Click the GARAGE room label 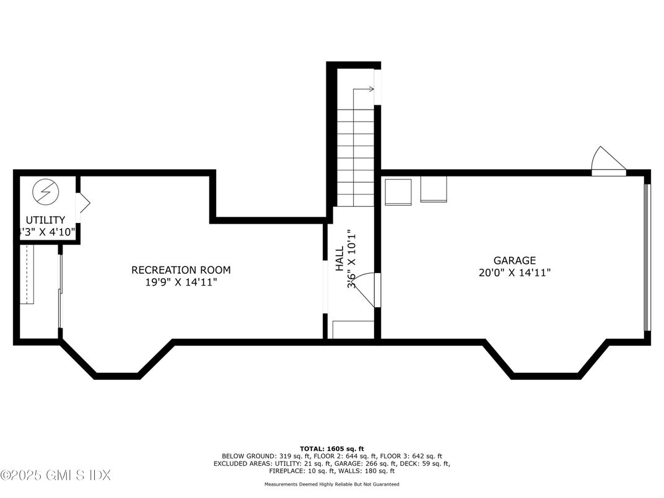(514, 261)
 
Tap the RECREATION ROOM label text (181, 270)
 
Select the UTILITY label (45, 220)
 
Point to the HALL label (339, 258)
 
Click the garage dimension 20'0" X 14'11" (514, 272)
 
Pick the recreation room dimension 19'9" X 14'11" (181, 282)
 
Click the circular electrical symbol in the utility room (45, 191)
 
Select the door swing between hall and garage (368, 289)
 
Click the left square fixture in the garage (398, 191)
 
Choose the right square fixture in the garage (434, 189)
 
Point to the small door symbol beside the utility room (82, 203)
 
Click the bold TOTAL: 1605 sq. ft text (331, 448)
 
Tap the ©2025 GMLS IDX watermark (56, 476)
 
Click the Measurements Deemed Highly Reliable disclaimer (331, 484)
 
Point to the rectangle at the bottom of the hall (353, 330)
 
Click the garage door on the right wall (646, 258)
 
